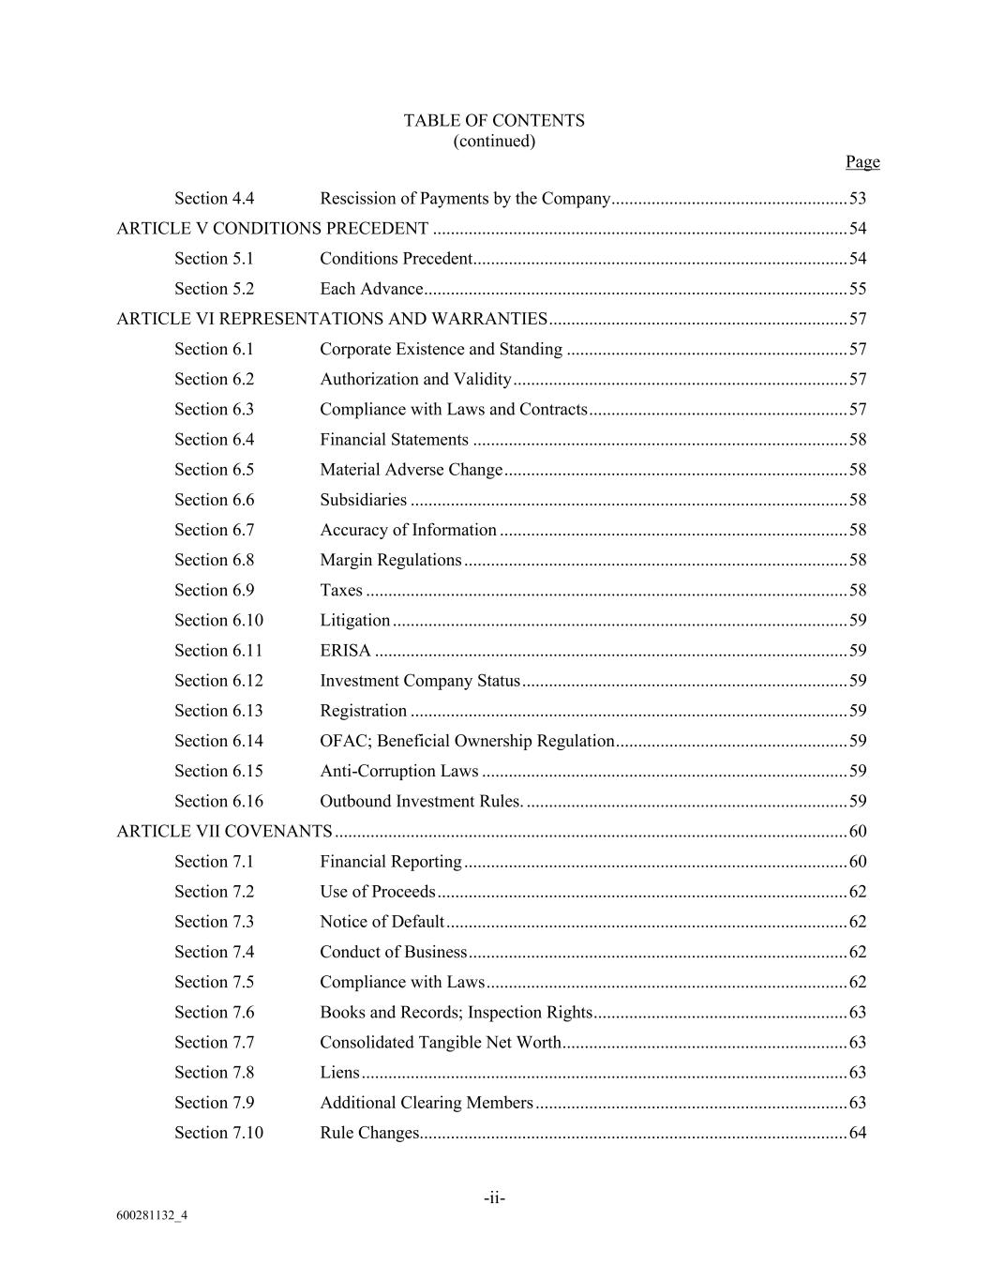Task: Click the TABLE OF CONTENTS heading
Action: [x=494, y=120]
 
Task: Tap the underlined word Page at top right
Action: [x=862, y=161]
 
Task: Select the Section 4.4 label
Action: [x=214, y=198]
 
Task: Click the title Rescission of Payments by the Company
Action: [x=465, y=198]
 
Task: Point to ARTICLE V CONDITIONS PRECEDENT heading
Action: [x=272, y=228]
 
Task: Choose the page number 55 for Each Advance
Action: [x=857, y=288]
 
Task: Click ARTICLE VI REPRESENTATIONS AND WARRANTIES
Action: [x=332, y=318]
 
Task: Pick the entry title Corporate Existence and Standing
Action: [x=441, y=349]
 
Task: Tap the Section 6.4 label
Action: [x=214, y=439]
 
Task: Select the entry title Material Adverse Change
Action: [x=412, y=469]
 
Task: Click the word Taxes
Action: [x=341, y=590]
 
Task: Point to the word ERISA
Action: [x=345, y=650]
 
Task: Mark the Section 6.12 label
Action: [x=218, y=680]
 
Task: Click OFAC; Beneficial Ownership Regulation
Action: [x=467, y=740]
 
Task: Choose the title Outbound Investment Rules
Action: [x=421, y=801]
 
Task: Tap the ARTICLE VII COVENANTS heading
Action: [x=224, y=831]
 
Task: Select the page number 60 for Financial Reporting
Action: [x=857, y=861]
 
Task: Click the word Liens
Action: [x=339, y=1072]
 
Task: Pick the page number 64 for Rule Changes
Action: [x=857, y=1132]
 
